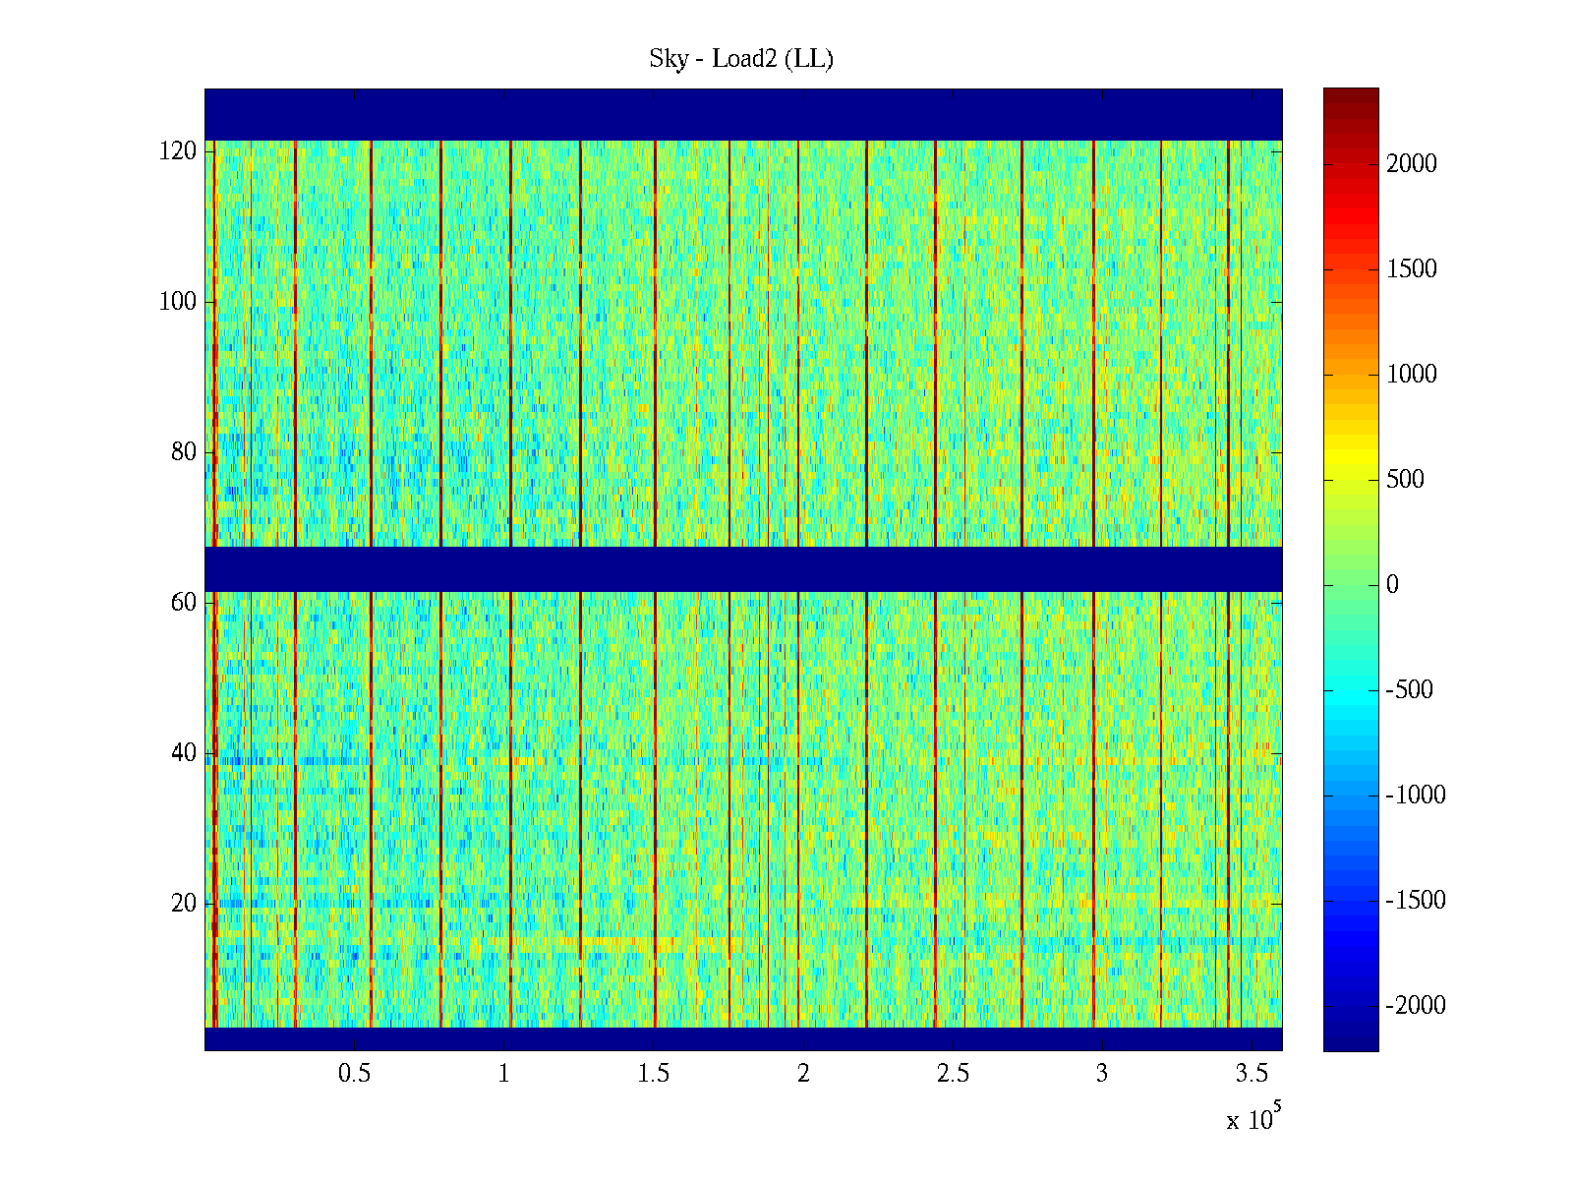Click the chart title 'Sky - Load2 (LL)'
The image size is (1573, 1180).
(741, 59)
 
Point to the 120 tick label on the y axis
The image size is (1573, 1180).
(178, 151)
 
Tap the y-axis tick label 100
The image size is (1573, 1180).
(178, 302)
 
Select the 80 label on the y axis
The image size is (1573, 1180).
(184, 452)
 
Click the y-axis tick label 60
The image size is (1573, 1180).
(184, 603)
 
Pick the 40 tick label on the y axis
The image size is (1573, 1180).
(184, 753)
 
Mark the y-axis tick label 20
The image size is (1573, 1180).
(184, 904)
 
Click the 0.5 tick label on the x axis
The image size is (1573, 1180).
(355, 1074)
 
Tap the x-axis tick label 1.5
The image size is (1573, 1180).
(654, 1074)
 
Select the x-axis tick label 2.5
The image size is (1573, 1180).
(953, 1074)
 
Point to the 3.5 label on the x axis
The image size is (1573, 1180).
(1252, 1074)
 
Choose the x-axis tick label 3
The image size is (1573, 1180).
(1102, 1074)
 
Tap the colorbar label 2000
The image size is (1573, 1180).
(1412, 164)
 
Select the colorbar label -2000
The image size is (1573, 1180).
(1416, 1006)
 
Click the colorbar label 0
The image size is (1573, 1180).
(1392, 585)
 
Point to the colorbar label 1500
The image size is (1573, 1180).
(1412, 269)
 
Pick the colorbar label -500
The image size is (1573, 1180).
(1410, 690)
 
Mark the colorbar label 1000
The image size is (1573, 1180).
(1412, 375)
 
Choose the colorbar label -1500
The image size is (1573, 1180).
(1416, 901)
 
